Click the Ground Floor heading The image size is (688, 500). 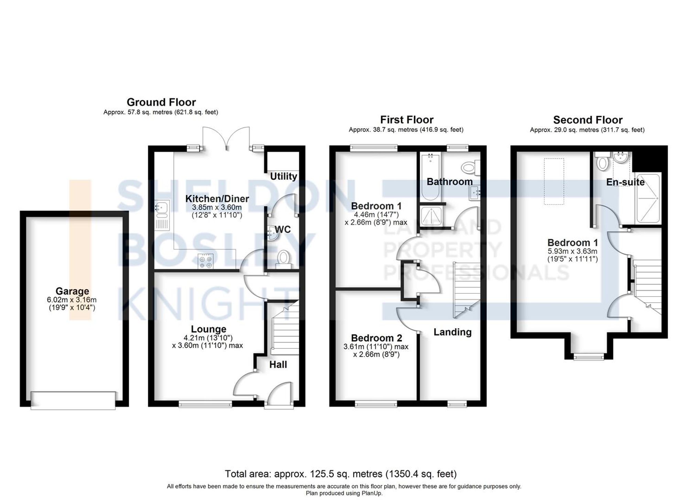tap(161, 102)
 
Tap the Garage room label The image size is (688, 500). tap(72, 291)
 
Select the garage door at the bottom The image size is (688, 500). tap(73, 400)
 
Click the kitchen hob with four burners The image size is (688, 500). tap(206, 262)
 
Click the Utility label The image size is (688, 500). tap(283, 176)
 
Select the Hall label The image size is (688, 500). tap(278, 365)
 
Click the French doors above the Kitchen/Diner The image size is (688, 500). tap(226, 137)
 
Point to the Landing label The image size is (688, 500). tap(452, 332)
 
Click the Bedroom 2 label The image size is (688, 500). tap(376, 338)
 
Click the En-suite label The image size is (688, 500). tap(625, 182)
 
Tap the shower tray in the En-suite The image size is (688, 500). tap(648, 198)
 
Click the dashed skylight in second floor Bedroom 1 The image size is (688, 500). tap(554, 181)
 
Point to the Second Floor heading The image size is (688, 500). tap(588, 120)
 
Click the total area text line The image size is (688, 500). tap(341, 474)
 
